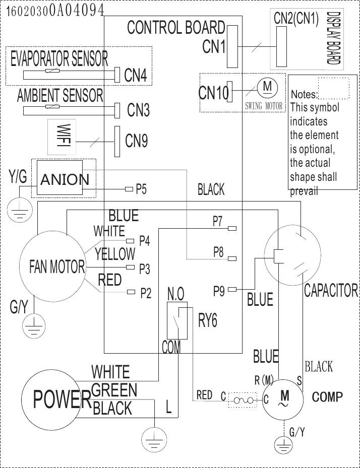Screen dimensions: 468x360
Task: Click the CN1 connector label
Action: (x=214, y=47)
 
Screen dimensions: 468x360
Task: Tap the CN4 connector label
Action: (x=136, y=76)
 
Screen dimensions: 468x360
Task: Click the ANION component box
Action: (x=65, y=179)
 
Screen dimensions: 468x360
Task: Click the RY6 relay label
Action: (x=208, y=321)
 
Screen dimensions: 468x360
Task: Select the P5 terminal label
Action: (x=142, y=189)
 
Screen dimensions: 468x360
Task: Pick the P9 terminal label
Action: (x=219, y=291)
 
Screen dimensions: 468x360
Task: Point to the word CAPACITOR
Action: (x=331, y=291)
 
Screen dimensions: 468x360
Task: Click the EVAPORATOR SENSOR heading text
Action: (x=59, y=59)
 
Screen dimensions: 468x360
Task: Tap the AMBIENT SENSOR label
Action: (x=60, y=95)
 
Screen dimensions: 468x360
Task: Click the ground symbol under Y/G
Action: (x=20, y=208)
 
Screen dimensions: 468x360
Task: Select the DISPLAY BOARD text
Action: (x=332, y=38)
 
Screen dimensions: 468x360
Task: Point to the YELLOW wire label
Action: (x=115, y=254)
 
